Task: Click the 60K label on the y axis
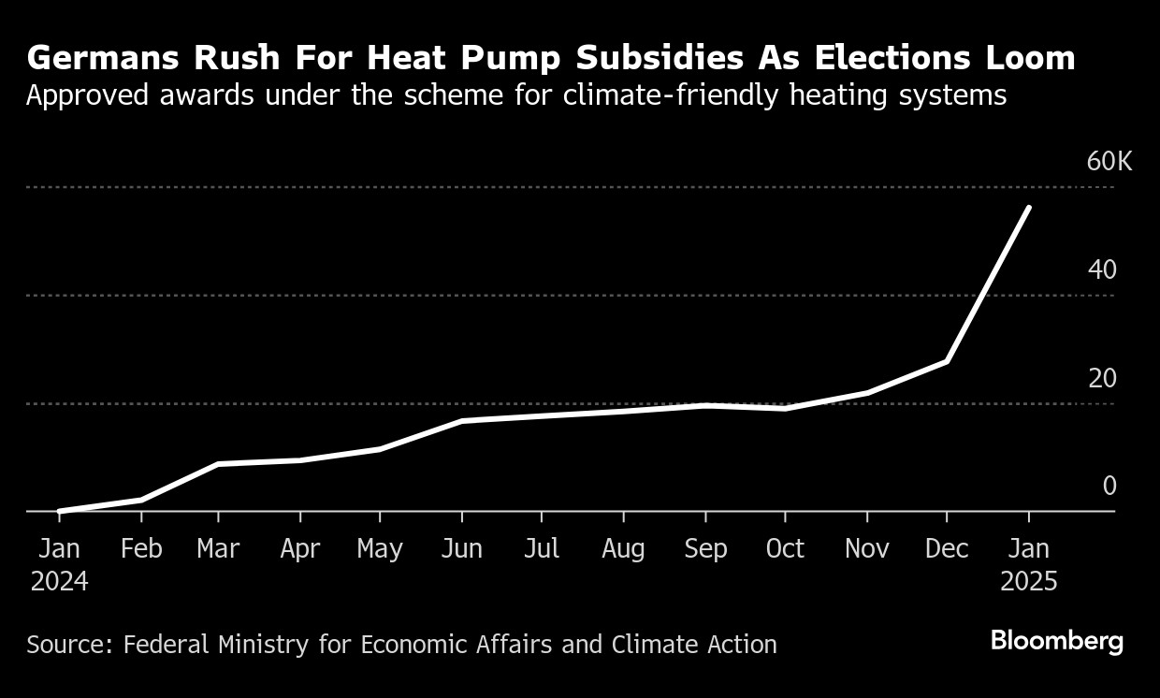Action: (1109, 162)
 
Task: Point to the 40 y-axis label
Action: (1102, 270)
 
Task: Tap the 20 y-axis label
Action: (1102, 379)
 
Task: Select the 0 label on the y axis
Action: (1109, 487)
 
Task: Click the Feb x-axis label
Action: (141, 549)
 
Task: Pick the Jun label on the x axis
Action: (461, 549)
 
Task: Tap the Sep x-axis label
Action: (705, 549)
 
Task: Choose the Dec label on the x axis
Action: (947, 549)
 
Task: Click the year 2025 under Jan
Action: (1029, 582)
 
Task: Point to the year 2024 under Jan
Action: (60, 582)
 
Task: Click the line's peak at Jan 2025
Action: (1029, 208)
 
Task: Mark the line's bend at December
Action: (948, 361)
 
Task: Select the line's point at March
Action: (218, 464)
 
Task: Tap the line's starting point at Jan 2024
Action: (60, 511)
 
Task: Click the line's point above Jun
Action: (461, 421)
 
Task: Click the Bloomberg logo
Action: (1056, 642)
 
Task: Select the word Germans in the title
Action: (104, 58)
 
